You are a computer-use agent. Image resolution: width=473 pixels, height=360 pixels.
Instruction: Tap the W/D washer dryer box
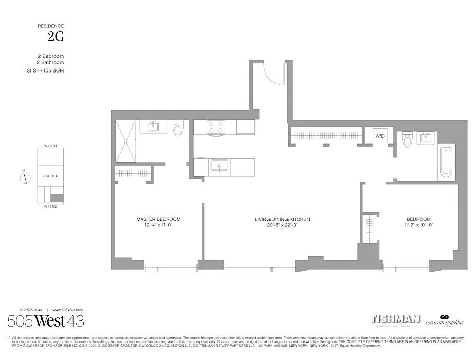[380, 136]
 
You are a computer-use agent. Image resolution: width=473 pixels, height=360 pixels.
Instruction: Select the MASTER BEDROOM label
[158, 219]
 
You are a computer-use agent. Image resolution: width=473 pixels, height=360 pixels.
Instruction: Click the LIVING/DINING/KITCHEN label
[282, 219]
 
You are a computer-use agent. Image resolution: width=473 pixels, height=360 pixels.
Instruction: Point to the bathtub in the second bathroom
[446, 162]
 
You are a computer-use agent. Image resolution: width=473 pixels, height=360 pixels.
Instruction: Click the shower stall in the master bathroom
[125, 141]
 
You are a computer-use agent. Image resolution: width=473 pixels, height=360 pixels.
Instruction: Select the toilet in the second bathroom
[408, 139]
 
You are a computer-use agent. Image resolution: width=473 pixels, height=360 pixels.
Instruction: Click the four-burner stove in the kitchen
[215, 127]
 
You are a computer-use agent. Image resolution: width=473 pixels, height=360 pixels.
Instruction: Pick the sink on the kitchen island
[220, 167]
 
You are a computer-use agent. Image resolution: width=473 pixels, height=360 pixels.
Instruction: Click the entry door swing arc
[274, 75]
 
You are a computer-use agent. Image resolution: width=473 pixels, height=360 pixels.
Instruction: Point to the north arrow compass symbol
[24, 178]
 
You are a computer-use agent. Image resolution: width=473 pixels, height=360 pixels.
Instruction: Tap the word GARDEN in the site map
[50, 176]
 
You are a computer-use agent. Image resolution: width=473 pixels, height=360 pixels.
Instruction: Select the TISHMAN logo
[395, 319]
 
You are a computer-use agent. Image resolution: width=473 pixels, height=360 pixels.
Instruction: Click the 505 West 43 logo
[46, 321]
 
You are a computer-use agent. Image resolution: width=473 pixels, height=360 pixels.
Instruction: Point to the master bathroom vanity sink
[154, 127]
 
